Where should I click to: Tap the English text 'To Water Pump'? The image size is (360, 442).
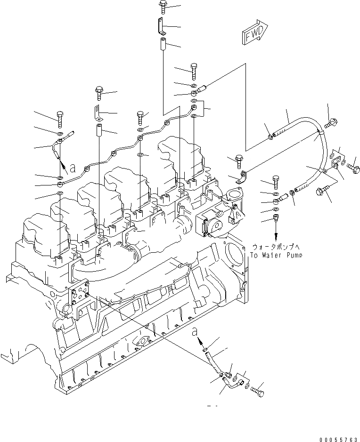275,255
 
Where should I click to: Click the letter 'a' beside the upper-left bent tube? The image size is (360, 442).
72,167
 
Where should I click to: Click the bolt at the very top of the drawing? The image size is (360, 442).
163,6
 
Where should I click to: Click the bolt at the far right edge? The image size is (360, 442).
354,168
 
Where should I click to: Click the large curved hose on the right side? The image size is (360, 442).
320,151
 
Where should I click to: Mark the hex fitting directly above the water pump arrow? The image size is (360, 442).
276,218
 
